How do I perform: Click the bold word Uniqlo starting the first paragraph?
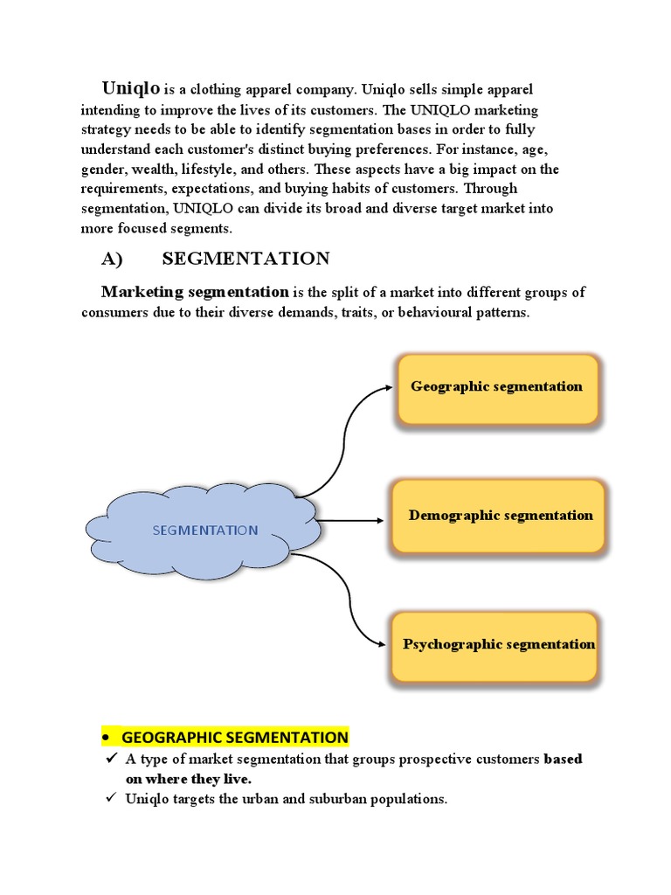tap(131, 88)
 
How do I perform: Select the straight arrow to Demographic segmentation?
tap(349, 521)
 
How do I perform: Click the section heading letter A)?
tap(115, 259)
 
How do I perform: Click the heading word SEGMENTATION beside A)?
tap(246, 259)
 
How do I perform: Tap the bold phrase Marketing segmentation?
tap(195, 292)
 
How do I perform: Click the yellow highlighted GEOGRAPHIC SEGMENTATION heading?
tap(234, 737)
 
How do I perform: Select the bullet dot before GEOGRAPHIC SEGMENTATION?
tap(106, 738)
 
